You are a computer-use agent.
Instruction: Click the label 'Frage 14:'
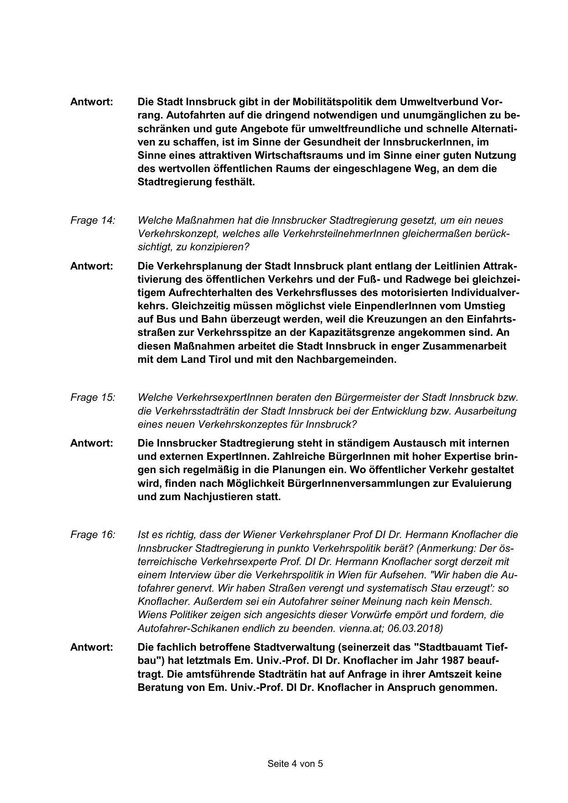[92, 221]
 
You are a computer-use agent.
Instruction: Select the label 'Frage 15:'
[92, 398]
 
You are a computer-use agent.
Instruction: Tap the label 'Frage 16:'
[92, 535]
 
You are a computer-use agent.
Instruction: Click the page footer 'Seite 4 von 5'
[295, 764]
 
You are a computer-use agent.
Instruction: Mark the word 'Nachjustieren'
[217, 497]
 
